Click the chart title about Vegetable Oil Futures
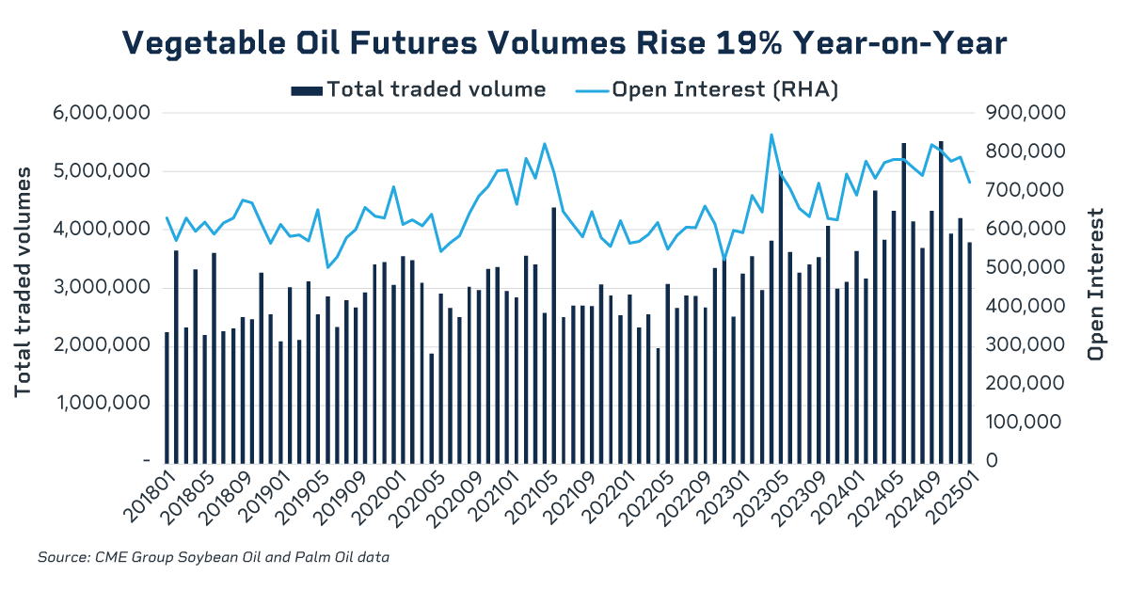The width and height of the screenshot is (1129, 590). click(x=564, y=43)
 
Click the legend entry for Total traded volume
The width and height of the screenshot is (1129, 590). click(x=419, y=90)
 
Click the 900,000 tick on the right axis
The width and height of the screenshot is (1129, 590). click(x=1023, y=113)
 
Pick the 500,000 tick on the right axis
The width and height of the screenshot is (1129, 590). click(x=1023, y=267)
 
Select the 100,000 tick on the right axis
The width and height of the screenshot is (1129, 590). click(x=1023, y=422)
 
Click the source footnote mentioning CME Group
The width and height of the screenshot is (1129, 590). click(x=213, y=558)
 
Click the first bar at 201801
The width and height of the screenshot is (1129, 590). click(x=167, y=396)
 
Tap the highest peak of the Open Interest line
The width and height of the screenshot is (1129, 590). click(x=771, y=135)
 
